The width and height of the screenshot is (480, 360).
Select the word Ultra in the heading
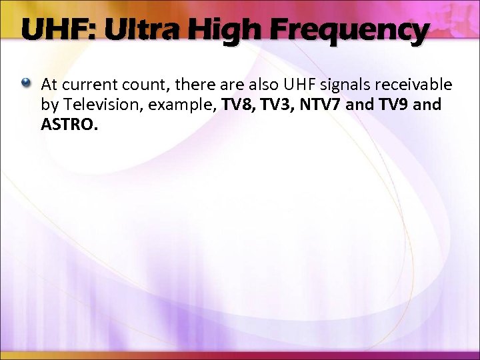click(134, 30)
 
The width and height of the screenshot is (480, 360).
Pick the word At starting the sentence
click(49, 85)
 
